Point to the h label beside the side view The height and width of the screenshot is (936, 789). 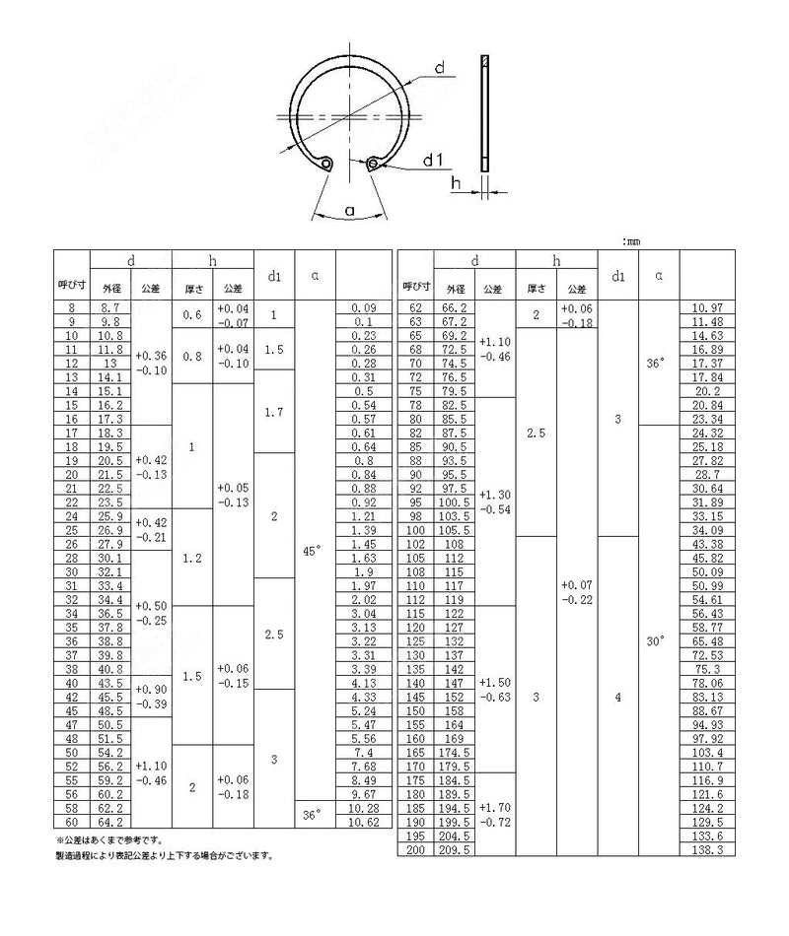[456, 182]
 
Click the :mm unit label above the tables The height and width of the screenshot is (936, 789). [632, 240]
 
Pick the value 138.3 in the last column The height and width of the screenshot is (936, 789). [706, 848]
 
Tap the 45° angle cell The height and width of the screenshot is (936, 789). [313, 552]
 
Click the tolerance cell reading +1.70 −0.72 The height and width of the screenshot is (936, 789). [495, 814]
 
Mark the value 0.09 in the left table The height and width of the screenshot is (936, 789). [365, 308]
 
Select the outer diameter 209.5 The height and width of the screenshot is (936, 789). [455, 848]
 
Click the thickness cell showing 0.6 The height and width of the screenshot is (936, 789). [192, 315]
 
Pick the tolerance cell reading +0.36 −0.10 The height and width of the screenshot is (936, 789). [151, 362]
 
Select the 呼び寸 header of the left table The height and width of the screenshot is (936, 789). [71, 287]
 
